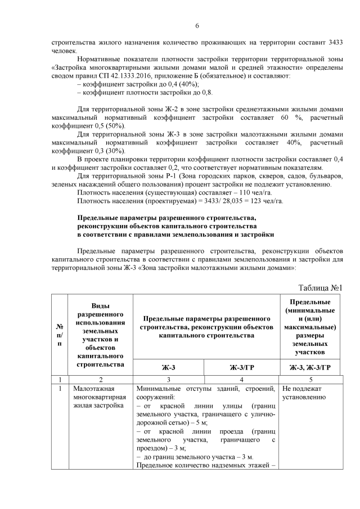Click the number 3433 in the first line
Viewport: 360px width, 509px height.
coord(333,42)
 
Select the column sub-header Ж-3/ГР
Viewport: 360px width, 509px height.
coord(243,368)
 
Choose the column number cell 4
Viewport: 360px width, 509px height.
coord(243,379)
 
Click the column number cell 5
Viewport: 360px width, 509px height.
coord(311,379)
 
